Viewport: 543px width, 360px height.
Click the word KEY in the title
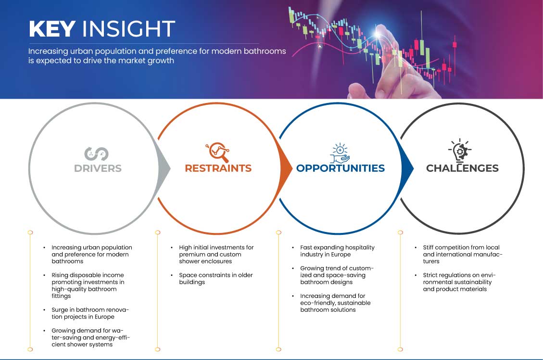(x=52, y=28)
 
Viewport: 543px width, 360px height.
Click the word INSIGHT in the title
(x=128, y=28)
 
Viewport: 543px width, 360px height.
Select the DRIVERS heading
(x=98, y=168)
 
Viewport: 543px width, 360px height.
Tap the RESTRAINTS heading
(x=218, y=168)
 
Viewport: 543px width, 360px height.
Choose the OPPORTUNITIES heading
(x=341, y=168)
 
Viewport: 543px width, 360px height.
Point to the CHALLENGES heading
(x=462, y=168)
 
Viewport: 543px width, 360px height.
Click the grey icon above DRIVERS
(x=96, y=154)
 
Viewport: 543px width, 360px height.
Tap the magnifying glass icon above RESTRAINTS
(x=217, y=152)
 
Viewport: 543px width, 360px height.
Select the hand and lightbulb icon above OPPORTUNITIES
(x=340, y=153)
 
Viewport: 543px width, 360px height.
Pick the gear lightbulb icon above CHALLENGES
(x=460, y=151)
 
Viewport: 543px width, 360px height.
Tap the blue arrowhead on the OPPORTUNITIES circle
(x=407, y=168)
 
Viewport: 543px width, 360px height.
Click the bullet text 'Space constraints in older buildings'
(x=216, y=279)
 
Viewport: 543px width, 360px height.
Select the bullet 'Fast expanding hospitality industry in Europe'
(x=337, y=251)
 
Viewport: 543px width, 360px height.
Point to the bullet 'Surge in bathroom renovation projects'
(x=90, y=313)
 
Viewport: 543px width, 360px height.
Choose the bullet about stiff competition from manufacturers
(x=462, y=254)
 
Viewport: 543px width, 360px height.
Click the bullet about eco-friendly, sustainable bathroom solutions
(x=335, y=303)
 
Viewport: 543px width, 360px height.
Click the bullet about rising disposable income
(x=88, y=285)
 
